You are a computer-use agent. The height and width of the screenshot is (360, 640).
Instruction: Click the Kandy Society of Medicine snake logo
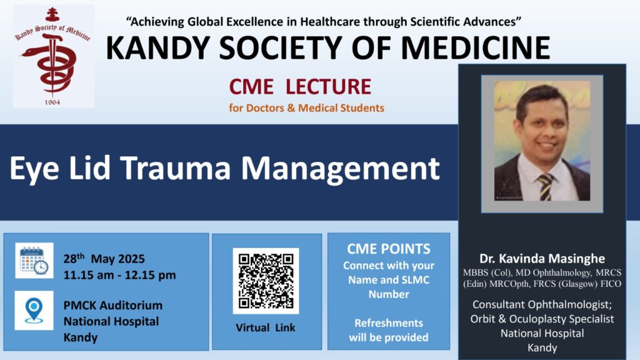[x=53, y=56]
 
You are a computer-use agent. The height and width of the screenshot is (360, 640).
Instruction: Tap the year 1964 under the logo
[x=52, y=102]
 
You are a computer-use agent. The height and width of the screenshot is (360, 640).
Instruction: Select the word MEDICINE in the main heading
[x=476, y=47]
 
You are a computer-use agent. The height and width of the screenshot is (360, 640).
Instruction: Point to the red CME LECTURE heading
[x=300, y=86]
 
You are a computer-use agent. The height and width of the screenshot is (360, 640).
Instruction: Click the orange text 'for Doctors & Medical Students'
[x=306, y=108]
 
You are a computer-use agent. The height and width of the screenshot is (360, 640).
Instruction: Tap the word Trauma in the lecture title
[x=176, y=167]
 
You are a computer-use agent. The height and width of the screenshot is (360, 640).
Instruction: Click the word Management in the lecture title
[x=341, y=169]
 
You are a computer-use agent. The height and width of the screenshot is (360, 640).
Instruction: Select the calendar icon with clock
[x=34, y=261]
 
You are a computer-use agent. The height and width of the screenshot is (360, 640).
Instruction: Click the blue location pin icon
[x=34, y=311]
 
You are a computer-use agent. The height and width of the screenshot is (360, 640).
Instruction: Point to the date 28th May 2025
[x=104, y=258]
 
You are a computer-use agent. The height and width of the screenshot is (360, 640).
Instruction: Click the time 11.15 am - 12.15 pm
[x=119, y=275]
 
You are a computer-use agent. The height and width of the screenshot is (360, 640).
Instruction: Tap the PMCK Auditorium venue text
[x=113, y=305]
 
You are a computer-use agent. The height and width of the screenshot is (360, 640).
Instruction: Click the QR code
[x=266, y=281]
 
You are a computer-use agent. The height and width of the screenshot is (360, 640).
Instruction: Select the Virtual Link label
[x=265, y=327]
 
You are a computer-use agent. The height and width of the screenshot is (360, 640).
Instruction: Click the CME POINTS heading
[x=389, y=249]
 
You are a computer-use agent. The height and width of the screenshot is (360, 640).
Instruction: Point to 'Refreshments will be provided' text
[x=389, y=330]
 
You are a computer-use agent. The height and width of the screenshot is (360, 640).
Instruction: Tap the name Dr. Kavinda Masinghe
[x=542, y=258]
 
